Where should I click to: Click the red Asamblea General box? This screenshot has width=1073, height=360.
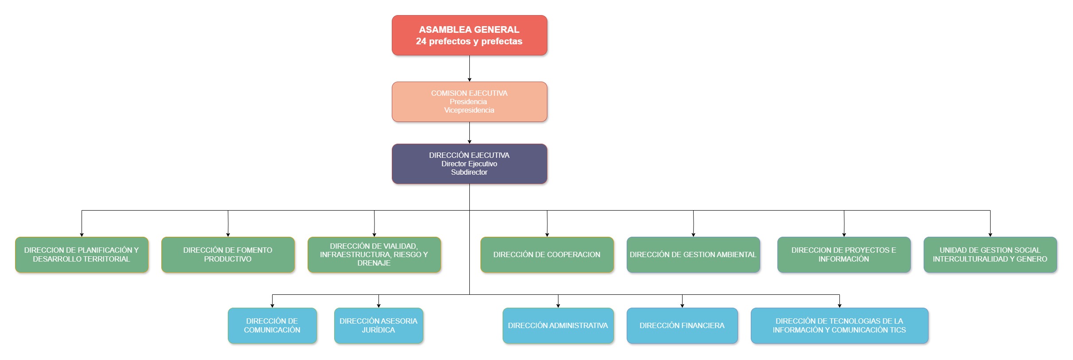[469, 35]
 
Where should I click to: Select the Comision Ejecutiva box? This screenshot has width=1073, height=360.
[469, 102]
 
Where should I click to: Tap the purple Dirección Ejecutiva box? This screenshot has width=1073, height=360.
[469, 164]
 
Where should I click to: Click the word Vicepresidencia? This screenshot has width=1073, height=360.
[469, 110]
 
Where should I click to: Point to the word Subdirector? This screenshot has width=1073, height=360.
[469, 172]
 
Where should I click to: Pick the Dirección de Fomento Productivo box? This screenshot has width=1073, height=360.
[228, 254]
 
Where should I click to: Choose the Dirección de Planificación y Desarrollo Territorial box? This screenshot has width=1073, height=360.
[82, 254]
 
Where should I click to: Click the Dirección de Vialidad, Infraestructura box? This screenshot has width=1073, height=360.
[374, 254]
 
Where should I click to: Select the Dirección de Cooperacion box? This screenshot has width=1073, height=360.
[547, 254]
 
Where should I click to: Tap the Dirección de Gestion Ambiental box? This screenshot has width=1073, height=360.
[693, 254]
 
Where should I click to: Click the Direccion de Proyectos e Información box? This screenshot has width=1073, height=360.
[844, 254]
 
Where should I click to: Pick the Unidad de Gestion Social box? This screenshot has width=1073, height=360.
[990, 254]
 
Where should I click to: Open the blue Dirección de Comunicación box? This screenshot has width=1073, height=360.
[272, 325]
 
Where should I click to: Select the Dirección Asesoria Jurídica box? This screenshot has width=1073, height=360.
[378, 325]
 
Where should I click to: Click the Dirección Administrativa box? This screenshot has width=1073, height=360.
[558, 325]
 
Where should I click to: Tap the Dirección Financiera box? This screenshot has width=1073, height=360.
[682, 325]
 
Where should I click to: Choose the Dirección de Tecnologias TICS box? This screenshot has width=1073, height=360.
[839, 325]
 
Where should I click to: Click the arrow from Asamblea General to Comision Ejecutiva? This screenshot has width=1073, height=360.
[469, 69]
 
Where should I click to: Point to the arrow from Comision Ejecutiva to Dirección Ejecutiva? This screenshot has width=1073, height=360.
[469, 133]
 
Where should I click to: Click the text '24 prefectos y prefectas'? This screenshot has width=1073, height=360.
[469, 41]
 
